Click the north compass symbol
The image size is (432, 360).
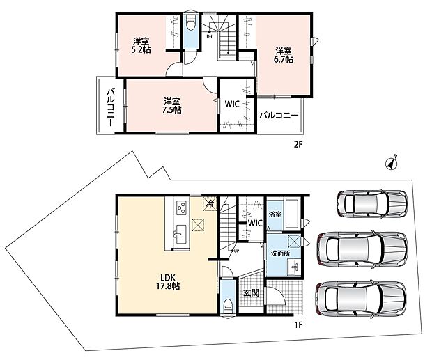[x=392, y=163]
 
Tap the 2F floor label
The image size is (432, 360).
[x=298, y=145]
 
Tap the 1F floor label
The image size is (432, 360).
[x=298, y=325]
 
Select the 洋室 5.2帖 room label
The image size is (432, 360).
[x=141, y=46]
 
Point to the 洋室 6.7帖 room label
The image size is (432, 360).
[x=284, y=55]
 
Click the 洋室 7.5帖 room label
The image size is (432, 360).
[x=172, y=105]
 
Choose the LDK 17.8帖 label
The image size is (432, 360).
[x=168, y=281]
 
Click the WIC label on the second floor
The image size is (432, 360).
[x=232, y=104]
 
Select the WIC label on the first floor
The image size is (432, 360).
[x=255, y=223]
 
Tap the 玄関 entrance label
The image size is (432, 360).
[x=252, y=292]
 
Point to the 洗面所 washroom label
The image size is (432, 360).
[x=280, y=253]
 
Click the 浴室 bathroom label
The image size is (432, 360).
[x=275, y=214]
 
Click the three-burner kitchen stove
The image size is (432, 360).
[x=181, y=208]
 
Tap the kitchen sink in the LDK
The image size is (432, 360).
[x=180, y=234]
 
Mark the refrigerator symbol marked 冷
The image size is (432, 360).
[x=210, y=204]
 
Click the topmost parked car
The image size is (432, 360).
[x=372, y=204]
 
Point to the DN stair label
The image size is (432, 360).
[x=210, y=36]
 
